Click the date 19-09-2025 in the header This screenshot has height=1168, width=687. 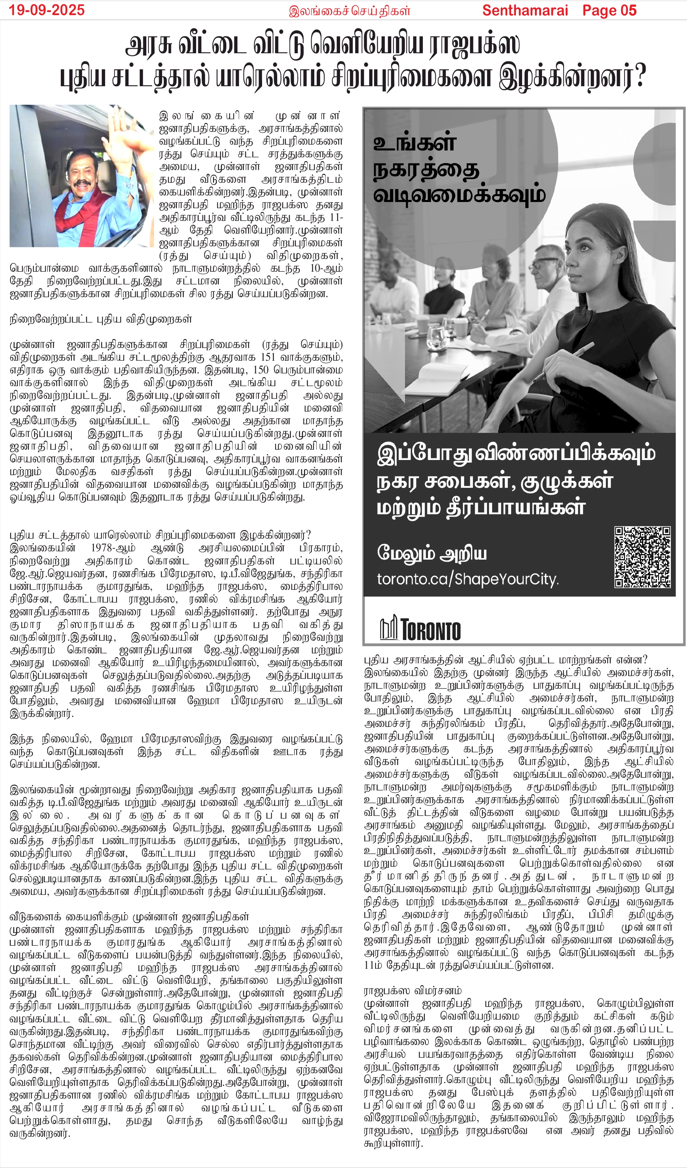(46, 10)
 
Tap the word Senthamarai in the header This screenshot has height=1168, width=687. (525, 10)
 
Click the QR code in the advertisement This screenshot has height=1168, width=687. (642, 557)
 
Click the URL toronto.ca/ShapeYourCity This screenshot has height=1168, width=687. (467, 580)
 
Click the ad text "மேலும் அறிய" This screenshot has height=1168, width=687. (431, 553)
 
